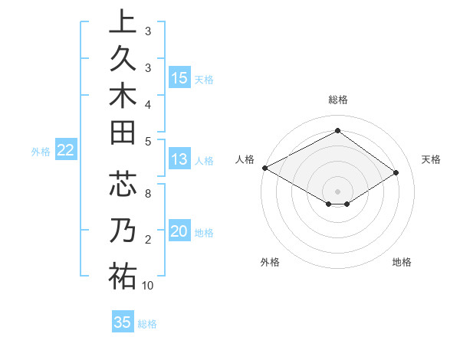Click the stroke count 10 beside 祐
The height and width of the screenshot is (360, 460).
148,286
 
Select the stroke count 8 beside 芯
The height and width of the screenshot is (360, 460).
148,194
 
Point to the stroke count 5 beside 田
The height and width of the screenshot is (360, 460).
148,141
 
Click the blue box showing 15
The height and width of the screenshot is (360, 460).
179,78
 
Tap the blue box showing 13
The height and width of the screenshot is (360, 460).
179,159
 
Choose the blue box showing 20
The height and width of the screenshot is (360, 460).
179,232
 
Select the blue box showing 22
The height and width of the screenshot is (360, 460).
65,151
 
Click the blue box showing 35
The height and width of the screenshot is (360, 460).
123,322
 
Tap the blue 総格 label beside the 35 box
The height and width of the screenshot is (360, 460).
147,324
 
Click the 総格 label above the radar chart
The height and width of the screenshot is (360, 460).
338,100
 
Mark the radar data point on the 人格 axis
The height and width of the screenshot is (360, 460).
265,168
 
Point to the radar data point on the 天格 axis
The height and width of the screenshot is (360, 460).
396,173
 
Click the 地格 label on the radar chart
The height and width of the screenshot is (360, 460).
402,262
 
